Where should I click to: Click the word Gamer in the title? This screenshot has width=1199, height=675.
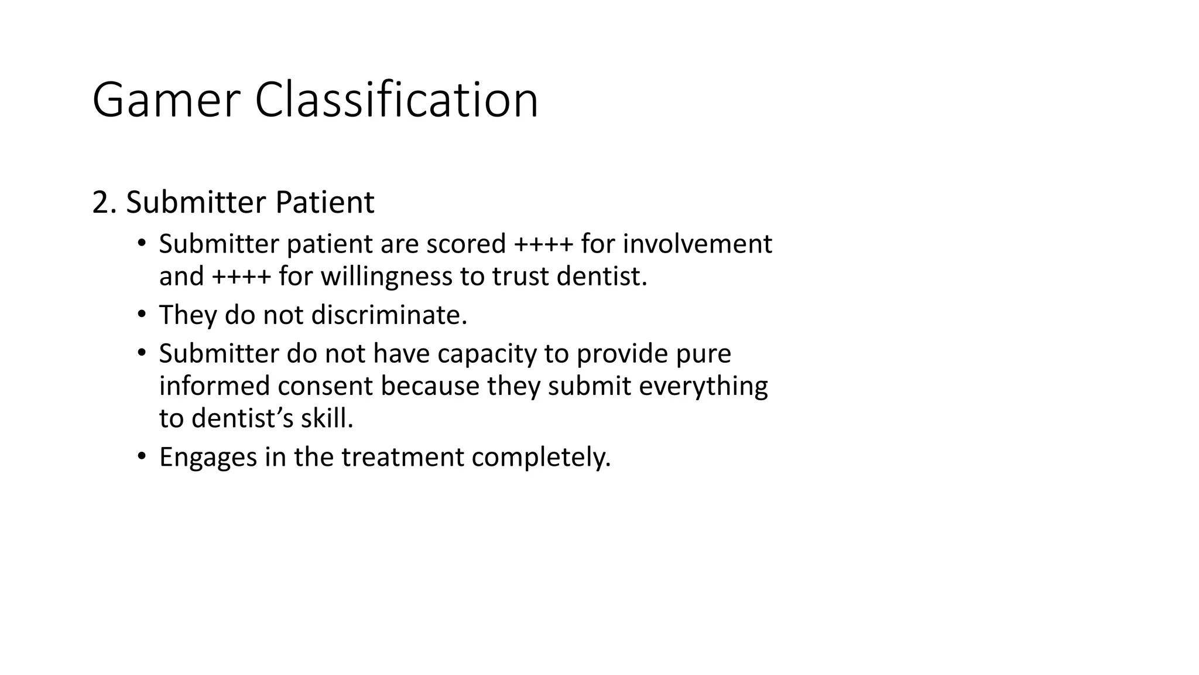[x=166, y=101]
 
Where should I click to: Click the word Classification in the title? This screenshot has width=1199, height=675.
[x=396, y=101]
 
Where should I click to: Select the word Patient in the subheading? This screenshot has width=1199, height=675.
[x=324, y=203]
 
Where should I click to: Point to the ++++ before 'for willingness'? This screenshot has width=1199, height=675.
[x=241, y=277]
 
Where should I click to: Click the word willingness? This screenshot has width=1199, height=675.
[x=386, y=277]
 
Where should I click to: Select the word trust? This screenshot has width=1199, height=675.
[x=521, y=277]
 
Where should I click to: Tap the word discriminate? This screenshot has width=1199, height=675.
[x=389, y=315]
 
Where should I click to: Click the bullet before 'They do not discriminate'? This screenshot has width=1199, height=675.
[x=141, y=315]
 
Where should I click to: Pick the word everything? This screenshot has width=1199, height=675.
[x=703, y=387]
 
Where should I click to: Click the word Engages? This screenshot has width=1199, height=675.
[x=208, y=458]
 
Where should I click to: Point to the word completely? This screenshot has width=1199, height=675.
[x=541, y=458]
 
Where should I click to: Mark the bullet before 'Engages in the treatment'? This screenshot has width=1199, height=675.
[x=141, y=456]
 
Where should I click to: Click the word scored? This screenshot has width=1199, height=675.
[x=465, y=244]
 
